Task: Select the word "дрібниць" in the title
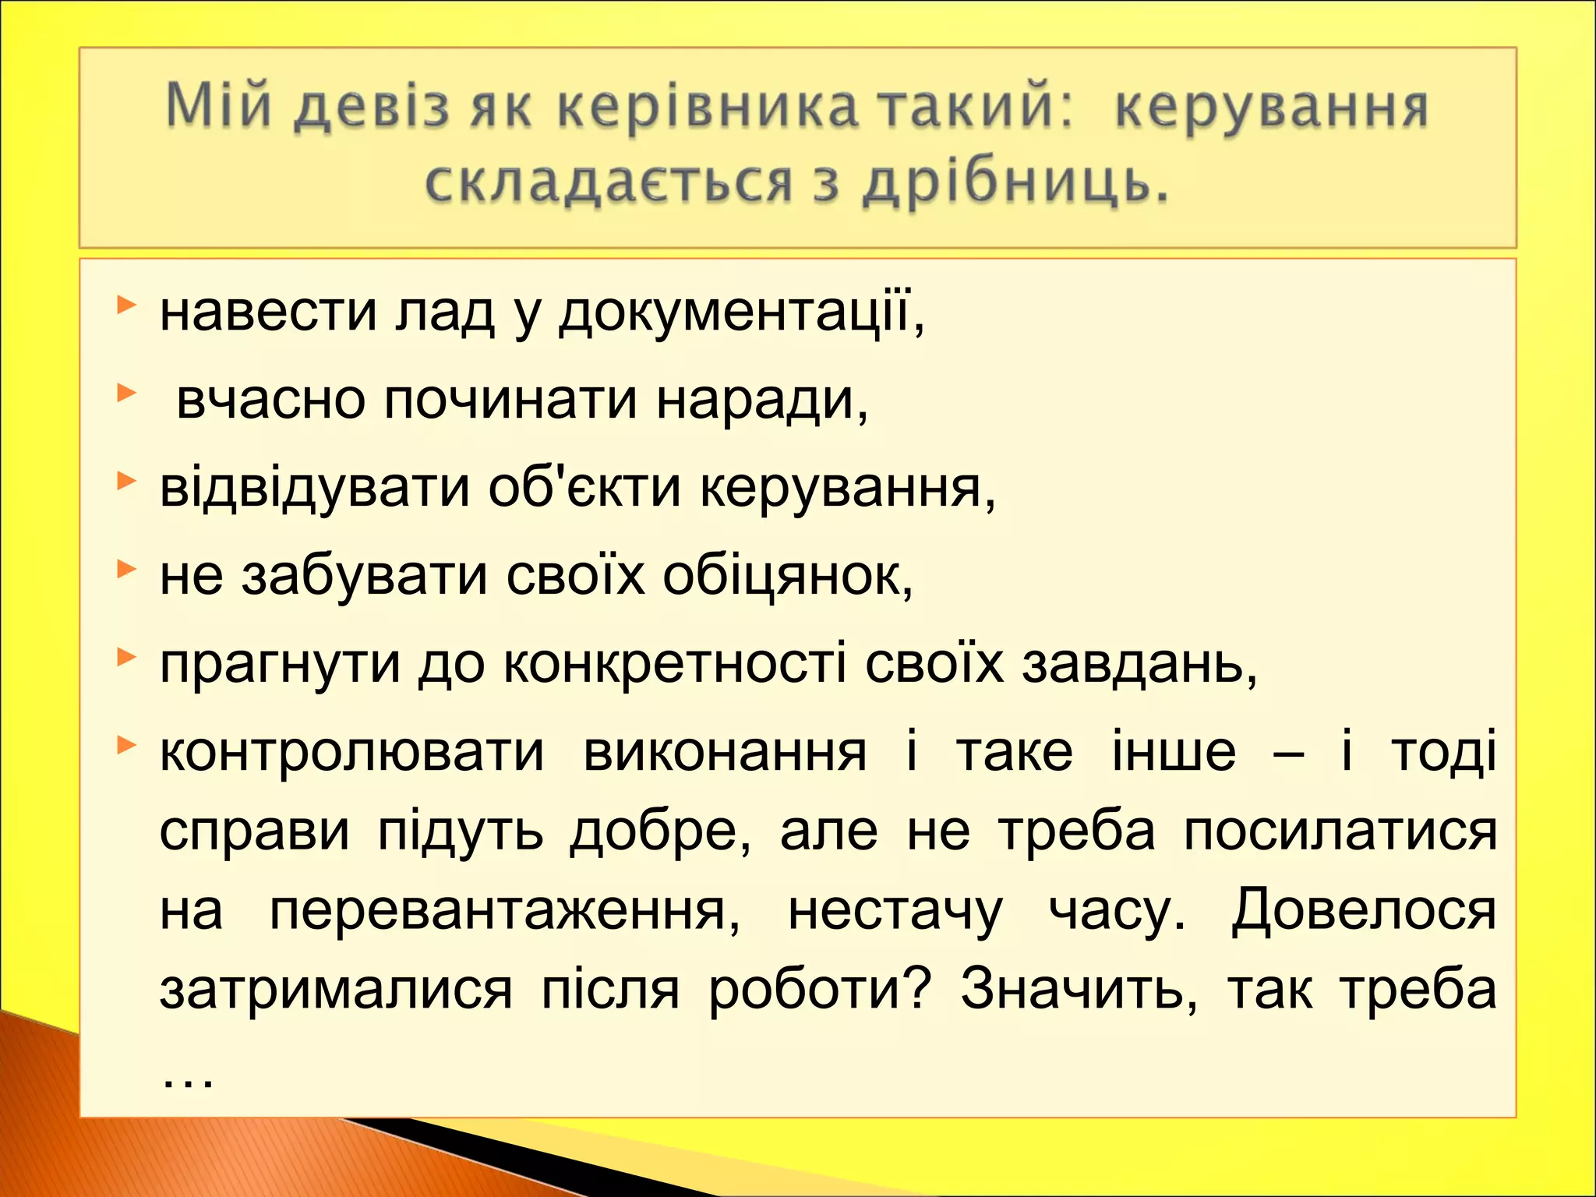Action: [x=1016, y=184]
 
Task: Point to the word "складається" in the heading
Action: [x=609, y=184]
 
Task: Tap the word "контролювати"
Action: [x=351, y=753]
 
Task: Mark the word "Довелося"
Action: [x=1364, y=910]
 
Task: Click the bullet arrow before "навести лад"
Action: [x=126, y=305]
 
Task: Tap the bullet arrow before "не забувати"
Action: [x=126, y=570]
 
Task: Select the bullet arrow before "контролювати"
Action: [x=126, y=746]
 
